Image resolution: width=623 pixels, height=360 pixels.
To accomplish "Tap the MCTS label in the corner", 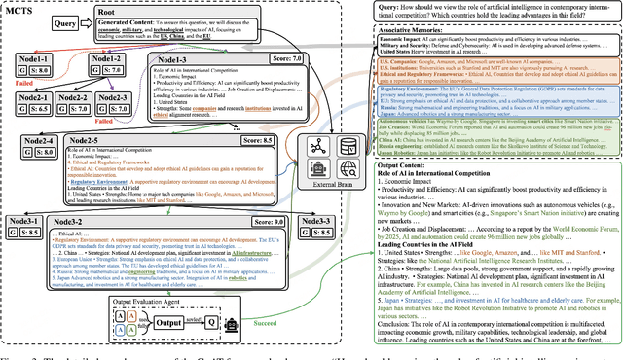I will tap(22, 9).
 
